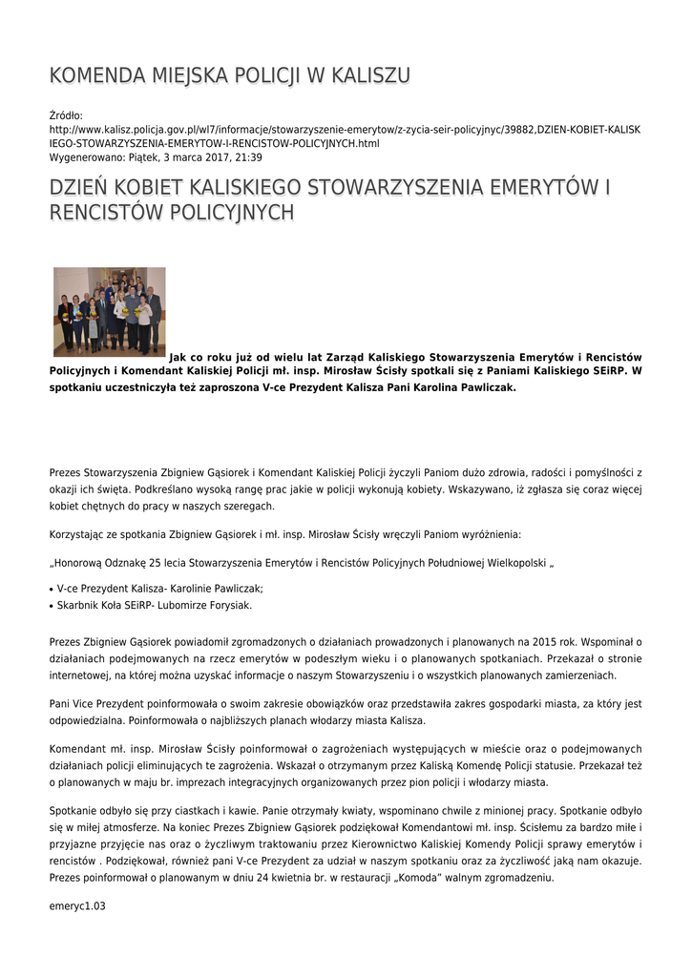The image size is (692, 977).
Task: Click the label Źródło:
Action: click(x=66, y=115)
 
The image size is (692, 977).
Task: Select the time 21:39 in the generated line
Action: click(x=249, y=157)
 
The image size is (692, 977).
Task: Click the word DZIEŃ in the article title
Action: click(x=83, y=187)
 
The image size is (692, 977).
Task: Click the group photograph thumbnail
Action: click(x=109, y=312)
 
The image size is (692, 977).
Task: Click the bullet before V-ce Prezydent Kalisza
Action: click(x=52, y=590)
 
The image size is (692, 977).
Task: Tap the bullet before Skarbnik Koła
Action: click(x=52, y=606)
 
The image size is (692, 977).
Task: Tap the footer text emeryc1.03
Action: click(x=77, y=906)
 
